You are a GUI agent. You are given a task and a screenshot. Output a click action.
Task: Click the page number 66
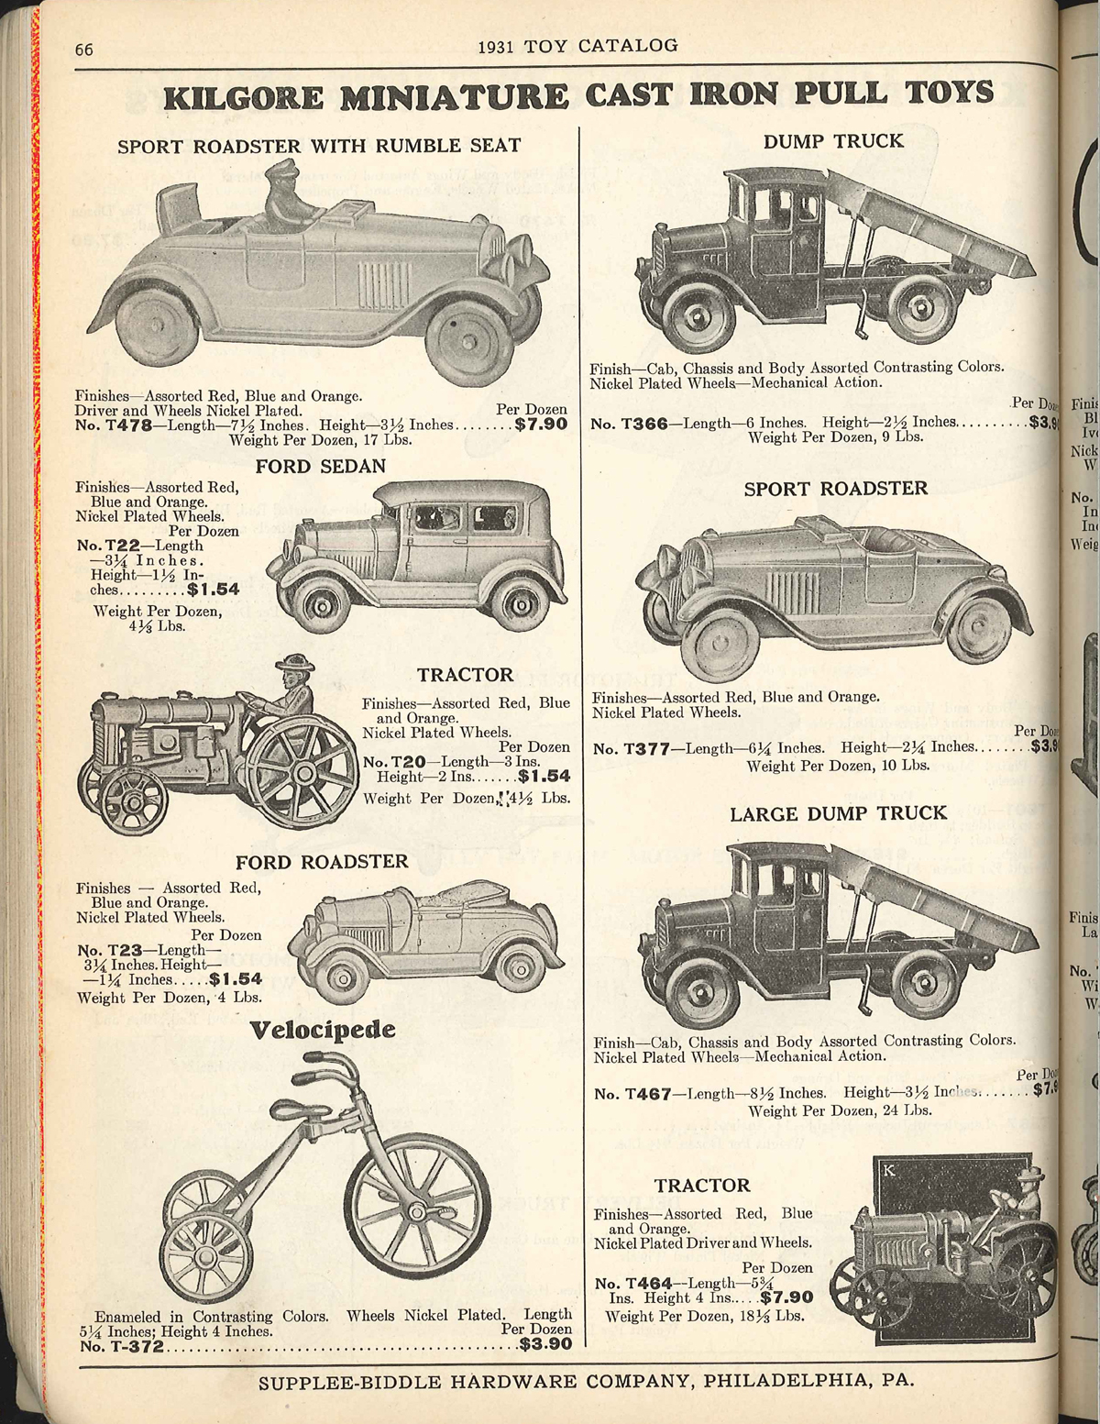[84, 49]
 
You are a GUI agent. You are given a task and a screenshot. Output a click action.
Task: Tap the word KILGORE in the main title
[243, 96]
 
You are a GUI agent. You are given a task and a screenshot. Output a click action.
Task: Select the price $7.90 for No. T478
[541, 425]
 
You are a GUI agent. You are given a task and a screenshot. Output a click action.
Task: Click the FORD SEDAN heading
[320, 466]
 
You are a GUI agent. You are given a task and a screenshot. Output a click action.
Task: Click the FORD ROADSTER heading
[322, 862]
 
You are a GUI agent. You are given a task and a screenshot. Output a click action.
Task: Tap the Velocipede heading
[323, 1030]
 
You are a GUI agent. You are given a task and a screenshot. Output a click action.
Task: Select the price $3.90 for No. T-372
[545, 1345]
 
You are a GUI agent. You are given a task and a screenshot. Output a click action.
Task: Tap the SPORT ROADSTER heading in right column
[835, 489]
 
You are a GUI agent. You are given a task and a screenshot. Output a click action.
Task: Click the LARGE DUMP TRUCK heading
[838, 813]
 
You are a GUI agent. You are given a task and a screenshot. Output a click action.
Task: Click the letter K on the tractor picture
[887, 1170]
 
